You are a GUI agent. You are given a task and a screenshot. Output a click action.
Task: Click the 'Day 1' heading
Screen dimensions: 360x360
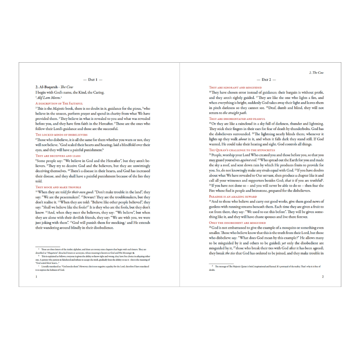pos(93,80)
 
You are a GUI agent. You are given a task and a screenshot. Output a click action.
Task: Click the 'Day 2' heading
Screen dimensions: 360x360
pos(266,80)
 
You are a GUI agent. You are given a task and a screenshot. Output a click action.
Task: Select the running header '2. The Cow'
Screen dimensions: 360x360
pos(316,73)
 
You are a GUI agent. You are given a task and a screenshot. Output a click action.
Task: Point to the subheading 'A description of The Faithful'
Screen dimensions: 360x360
pos(59,103)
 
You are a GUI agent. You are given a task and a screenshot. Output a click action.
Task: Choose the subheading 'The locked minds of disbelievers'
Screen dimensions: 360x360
pos(61,135)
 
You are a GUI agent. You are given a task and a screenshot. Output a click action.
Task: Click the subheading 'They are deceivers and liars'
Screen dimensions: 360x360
pos(58,156)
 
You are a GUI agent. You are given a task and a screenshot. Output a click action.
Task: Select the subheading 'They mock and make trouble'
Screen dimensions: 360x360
pos(58,187)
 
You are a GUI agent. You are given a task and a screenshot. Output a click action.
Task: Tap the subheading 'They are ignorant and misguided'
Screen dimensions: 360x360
pos(235,87)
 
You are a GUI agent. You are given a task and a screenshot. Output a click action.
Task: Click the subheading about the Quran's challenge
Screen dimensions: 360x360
pos(242,150)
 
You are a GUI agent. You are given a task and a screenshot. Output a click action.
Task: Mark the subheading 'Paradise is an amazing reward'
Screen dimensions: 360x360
pos(233,197)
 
